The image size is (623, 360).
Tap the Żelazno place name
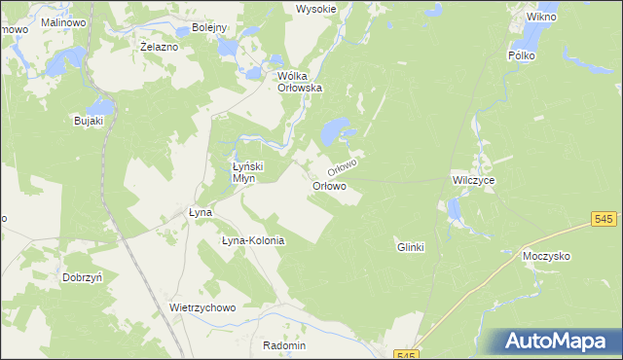(159, 47)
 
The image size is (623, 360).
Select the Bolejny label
(208, 28)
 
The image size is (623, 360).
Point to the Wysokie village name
(315, 9)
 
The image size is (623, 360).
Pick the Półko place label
(521, 56)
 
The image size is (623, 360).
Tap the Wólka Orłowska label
(300, 82)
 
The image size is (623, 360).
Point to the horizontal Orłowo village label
(329, 186)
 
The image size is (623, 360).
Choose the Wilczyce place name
(474, 181)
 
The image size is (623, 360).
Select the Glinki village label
(411, 247)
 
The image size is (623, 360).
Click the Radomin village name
(284, 345)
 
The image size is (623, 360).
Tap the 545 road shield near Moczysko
(604, 222)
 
